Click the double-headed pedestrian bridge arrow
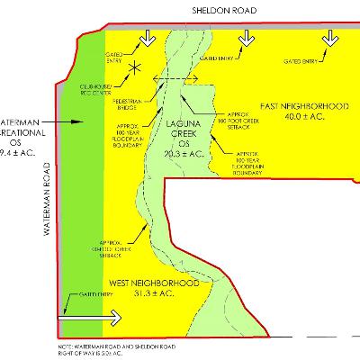169,79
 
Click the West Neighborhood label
154,283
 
